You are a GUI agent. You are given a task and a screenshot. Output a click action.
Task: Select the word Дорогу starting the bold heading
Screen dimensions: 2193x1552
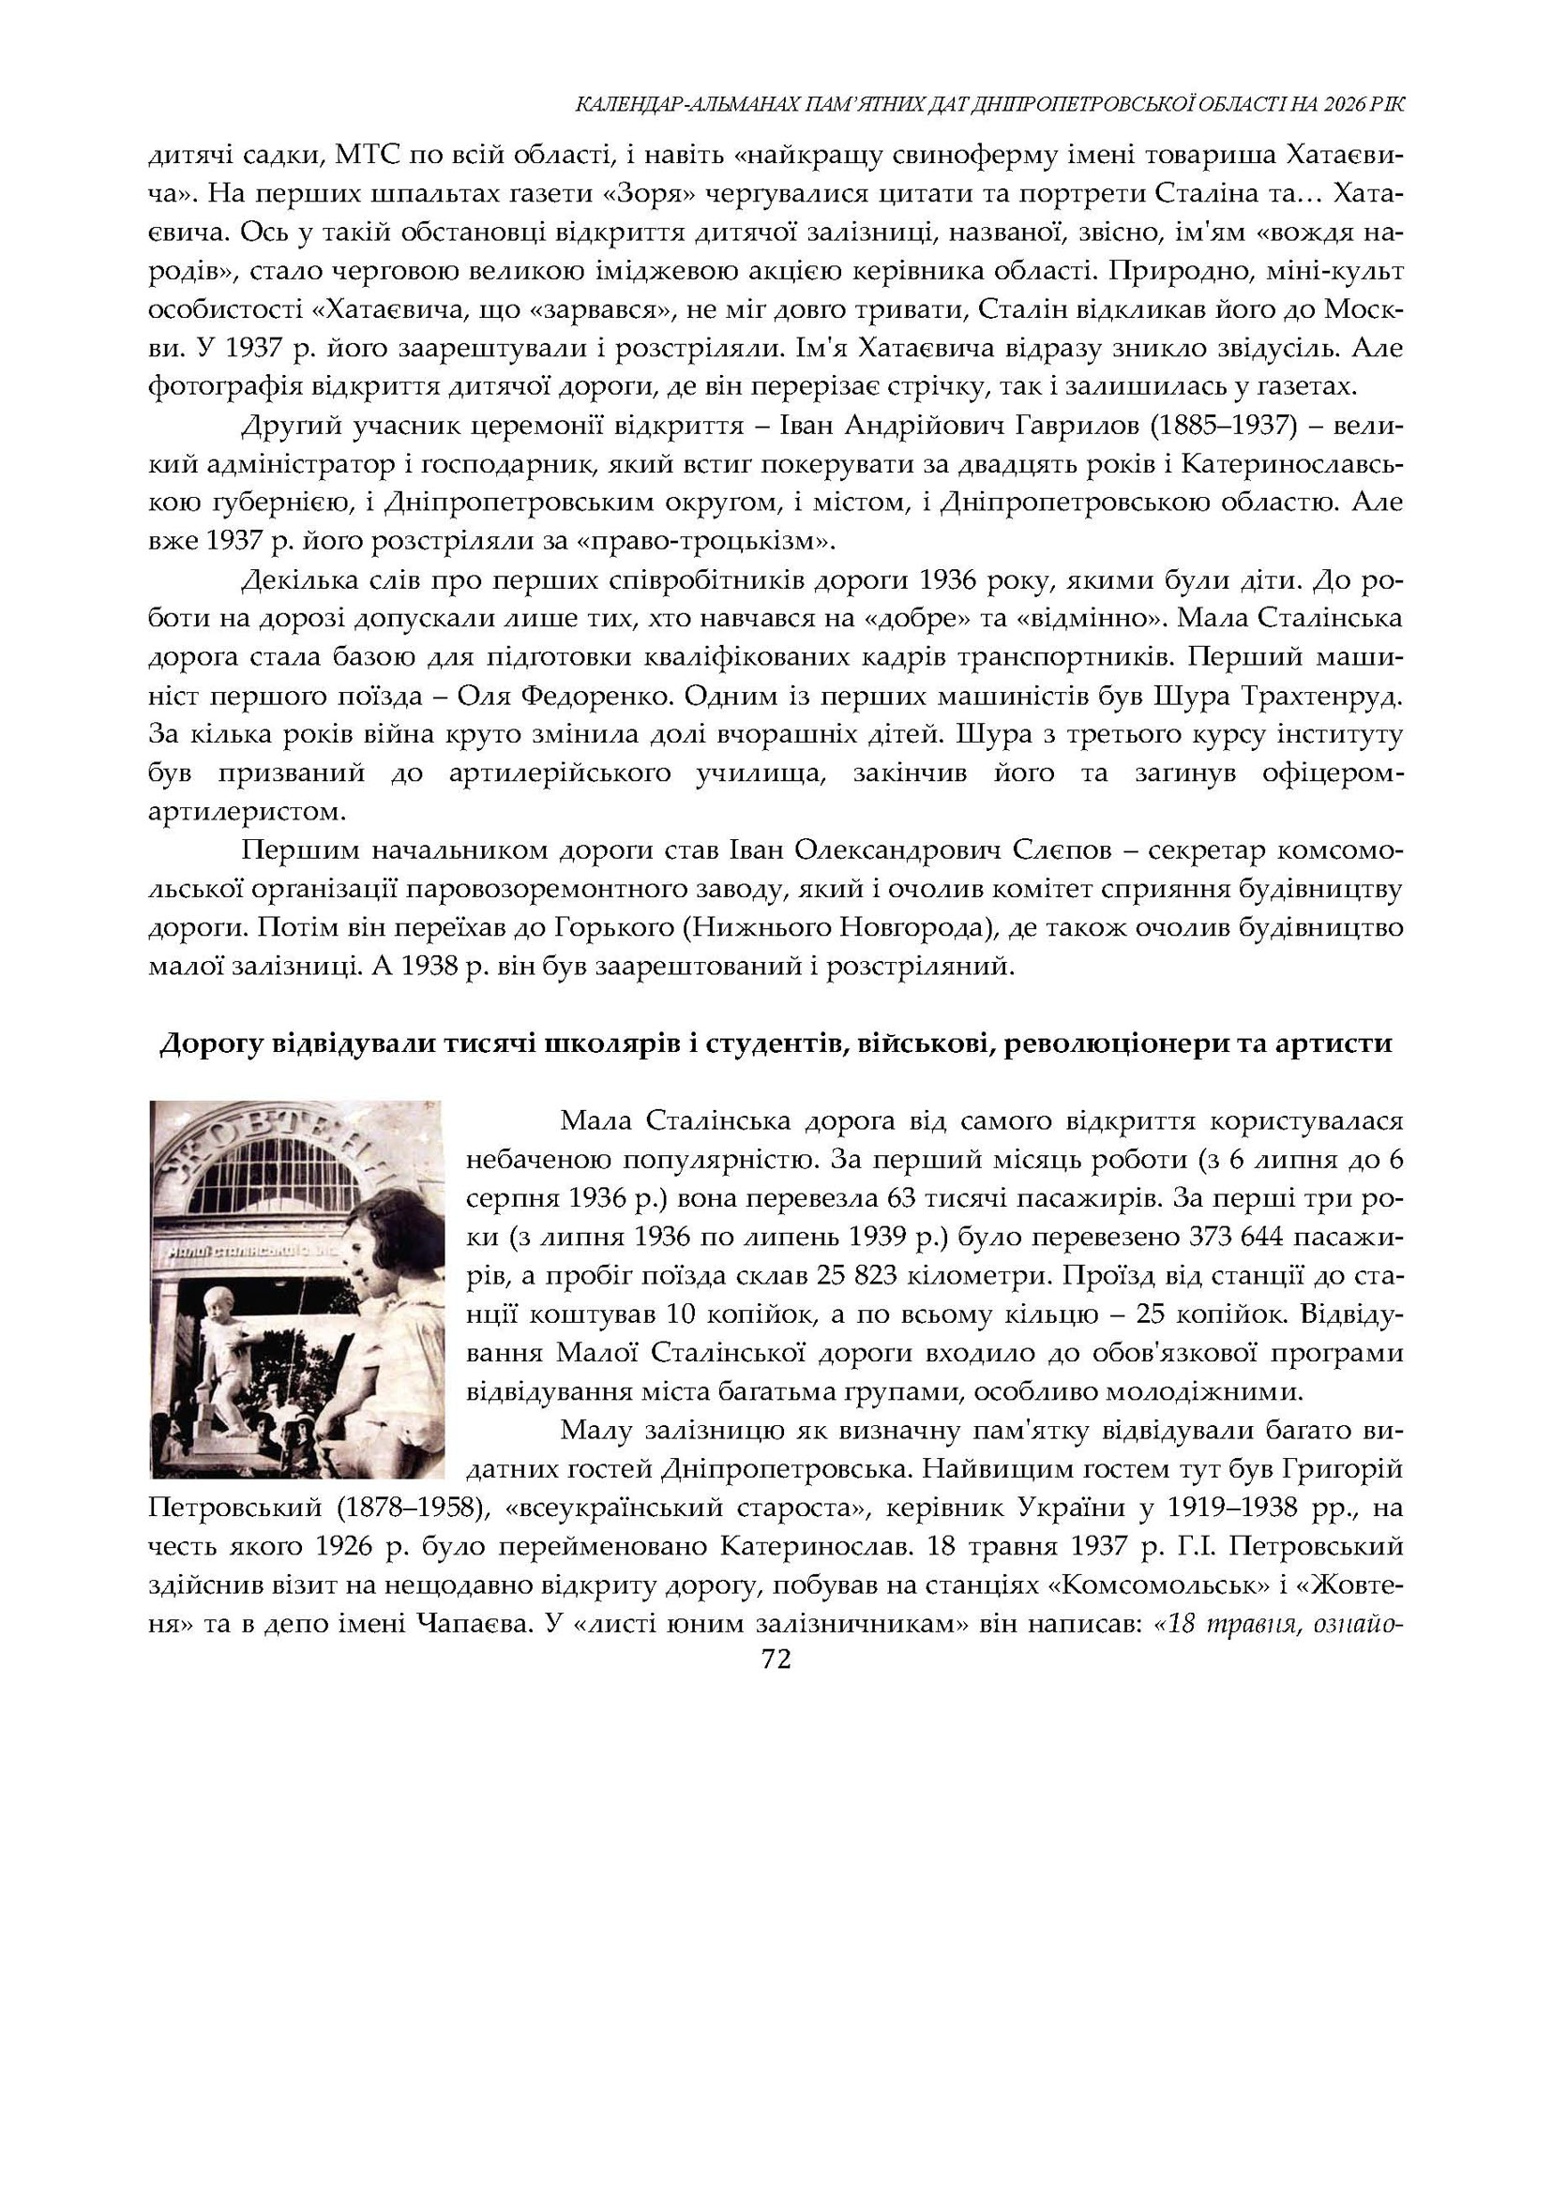coord(208,1044)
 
